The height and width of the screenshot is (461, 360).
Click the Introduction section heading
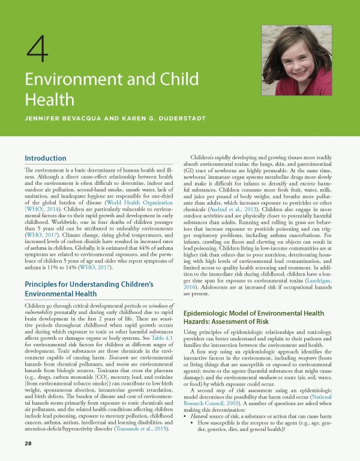45,158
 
